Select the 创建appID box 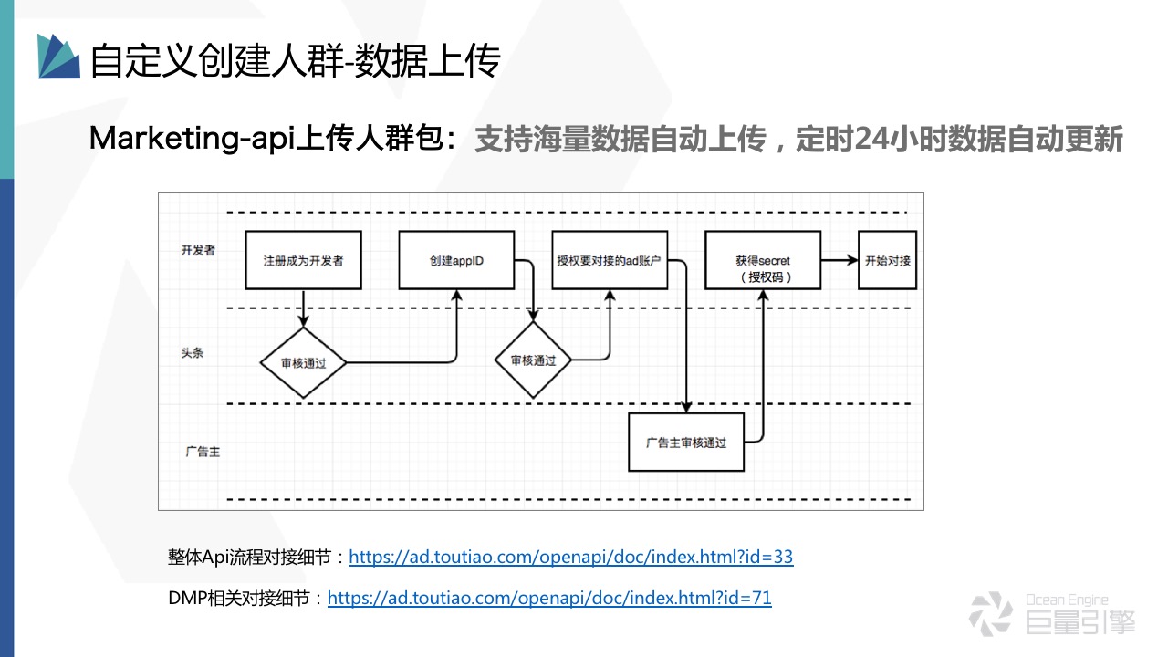(456, 261)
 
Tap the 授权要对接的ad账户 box (609, 261)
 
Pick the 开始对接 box (887, 261)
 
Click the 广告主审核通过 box (686, 443)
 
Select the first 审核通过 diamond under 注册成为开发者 (304, 362)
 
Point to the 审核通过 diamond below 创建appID (533, 360)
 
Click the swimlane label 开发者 (198, 250)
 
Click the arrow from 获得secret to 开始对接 (839, 261)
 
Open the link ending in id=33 (570, 557)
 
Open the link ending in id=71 (549, 599)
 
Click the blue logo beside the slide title (58, 57)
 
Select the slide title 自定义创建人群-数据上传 (295, 60)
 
